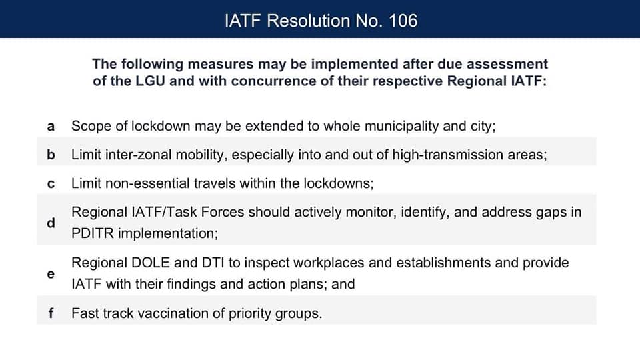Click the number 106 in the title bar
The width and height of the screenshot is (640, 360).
click(x=403, y=21)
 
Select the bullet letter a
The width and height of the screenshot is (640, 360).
click(x=51, y=127)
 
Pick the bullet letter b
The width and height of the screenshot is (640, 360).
click(x=51, y=155)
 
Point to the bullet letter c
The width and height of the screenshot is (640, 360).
click(x=51, y=184)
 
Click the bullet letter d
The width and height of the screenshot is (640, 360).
click(x=51, y=223)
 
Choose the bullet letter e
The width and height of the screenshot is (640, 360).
click(x=51, y=274)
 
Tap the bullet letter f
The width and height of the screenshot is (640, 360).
click(x=51, y=313)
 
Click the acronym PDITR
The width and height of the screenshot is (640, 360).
click(x=92, y=233)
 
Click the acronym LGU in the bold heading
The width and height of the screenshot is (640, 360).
click(x=150, y=81)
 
